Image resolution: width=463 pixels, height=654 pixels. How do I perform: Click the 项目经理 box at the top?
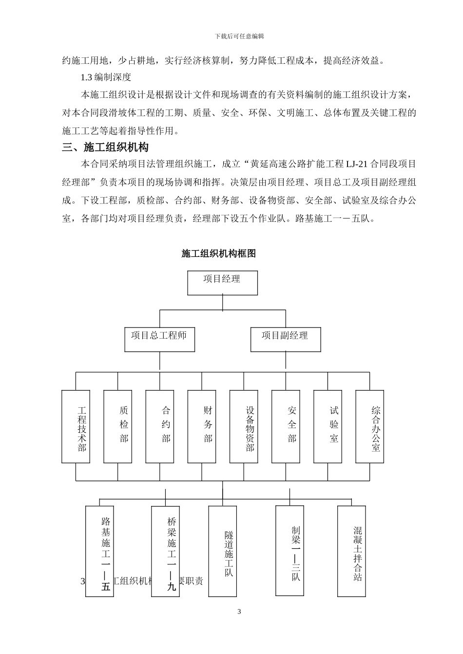tap(222, 283)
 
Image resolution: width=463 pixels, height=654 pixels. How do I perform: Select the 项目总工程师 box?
tap(159, 339)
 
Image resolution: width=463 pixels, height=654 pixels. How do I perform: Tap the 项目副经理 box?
tap(286, 339)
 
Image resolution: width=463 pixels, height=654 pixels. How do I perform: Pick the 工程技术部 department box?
tap(76, 426)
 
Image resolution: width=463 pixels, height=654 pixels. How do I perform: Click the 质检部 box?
tap(118, 426)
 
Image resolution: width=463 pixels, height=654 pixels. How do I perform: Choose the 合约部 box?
tap(160, 426)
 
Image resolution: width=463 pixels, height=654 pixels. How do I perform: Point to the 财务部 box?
tap(202, 426)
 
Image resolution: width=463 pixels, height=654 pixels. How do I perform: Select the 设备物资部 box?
tap(244, 426)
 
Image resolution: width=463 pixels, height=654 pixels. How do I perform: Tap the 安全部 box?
tap(286, 426)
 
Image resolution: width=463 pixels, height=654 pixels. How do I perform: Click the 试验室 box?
tap(328, 426)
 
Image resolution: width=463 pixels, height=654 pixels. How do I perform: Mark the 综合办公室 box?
tap(369, 426)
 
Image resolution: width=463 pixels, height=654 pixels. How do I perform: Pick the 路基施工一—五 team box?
tap(99, 551)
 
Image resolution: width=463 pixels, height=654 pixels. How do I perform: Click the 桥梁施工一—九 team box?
tap(165, 551)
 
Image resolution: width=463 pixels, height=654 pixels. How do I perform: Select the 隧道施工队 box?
tap(223, 551)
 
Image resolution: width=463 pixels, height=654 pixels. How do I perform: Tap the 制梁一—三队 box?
tap(289, 550)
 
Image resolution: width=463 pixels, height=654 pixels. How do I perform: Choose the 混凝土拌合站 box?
tap(352, 550)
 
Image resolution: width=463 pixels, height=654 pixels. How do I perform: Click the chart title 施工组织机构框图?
tap(219, 254)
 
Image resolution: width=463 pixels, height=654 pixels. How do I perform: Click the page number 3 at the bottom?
tap(239, 612)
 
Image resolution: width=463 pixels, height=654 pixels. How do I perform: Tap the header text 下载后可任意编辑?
tap(239, 36)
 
